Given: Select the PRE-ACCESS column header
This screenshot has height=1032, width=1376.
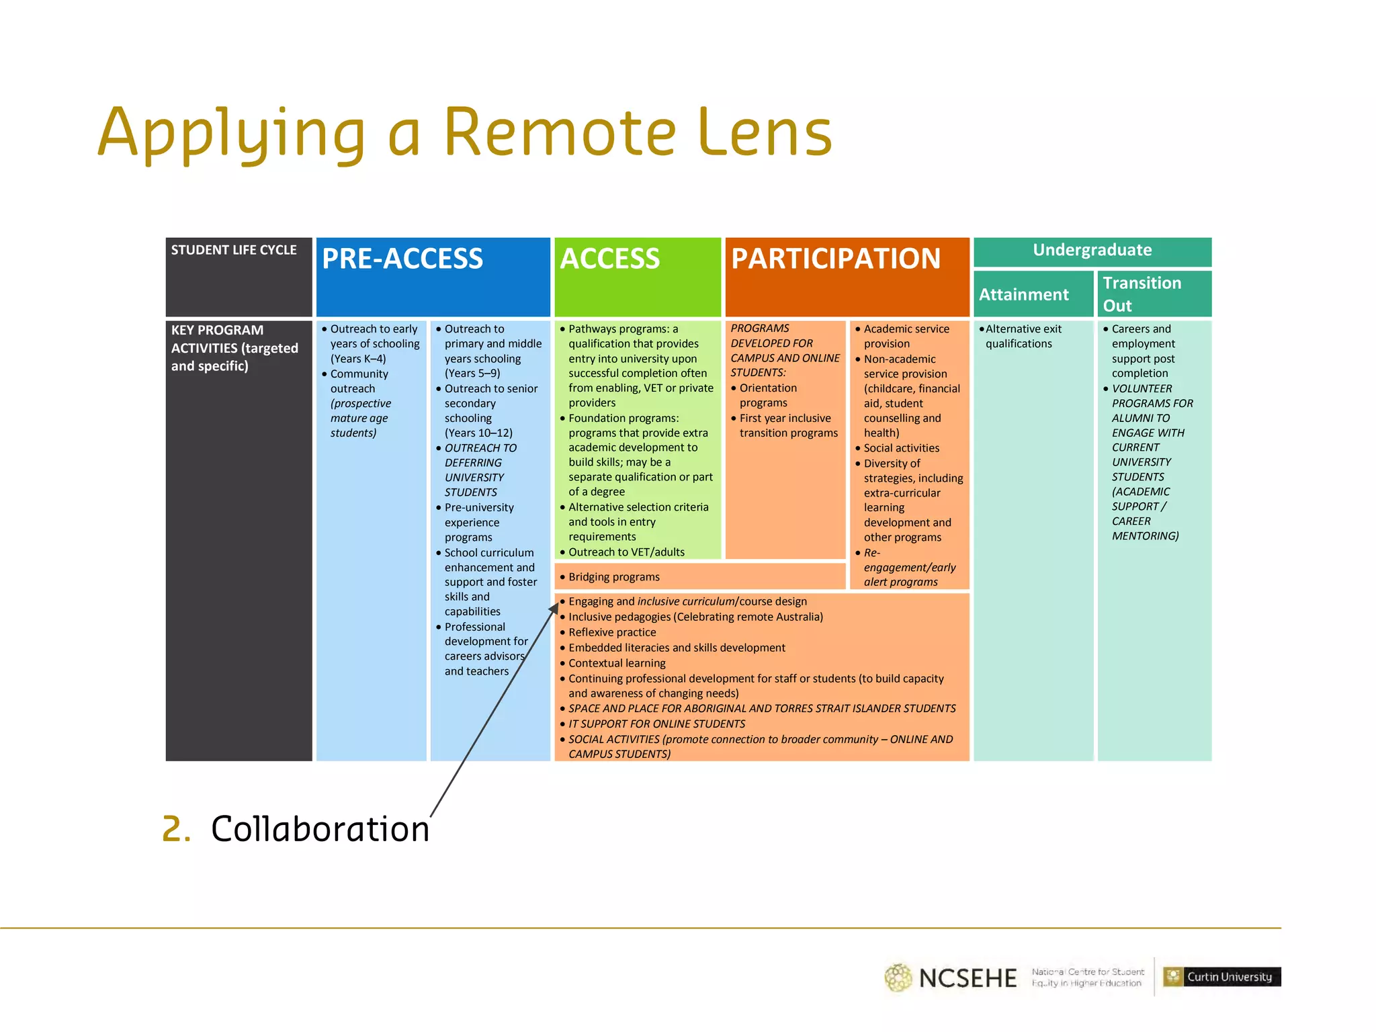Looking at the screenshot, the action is tap(402, 259).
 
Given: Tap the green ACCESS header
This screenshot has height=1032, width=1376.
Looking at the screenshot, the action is tap(610, 259).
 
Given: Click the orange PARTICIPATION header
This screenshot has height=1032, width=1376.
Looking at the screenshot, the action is tap(836, 259).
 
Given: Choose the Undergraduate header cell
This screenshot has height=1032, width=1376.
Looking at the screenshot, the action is tap(1092, 251).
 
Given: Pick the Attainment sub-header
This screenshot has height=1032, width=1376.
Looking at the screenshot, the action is tap(1023, 295).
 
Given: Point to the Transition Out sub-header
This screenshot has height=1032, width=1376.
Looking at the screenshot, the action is tap(1142, 294).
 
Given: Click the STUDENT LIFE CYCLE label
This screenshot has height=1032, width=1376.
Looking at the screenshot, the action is tap(234, 251).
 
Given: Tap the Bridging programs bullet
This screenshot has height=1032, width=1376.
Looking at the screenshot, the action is tap(613, 577).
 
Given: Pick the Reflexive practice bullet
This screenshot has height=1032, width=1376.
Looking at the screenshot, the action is tap(612, 632).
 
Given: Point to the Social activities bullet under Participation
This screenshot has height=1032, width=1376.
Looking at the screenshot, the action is tap(901, 448).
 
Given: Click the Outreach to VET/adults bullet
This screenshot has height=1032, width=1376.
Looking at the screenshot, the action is tap(626, 552).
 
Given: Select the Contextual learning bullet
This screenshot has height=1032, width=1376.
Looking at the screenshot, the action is tap(617, 663).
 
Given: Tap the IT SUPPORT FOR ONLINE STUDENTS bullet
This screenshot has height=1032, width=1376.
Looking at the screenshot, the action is tap(656, 724).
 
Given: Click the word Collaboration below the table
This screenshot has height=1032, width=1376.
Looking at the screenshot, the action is tap(320, 829).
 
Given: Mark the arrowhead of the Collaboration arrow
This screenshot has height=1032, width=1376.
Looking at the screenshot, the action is tap(555, 607).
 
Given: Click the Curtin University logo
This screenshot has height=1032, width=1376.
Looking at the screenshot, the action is tap(1221, 977).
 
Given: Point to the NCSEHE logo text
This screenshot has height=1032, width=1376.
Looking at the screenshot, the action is tap(967, 978).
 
